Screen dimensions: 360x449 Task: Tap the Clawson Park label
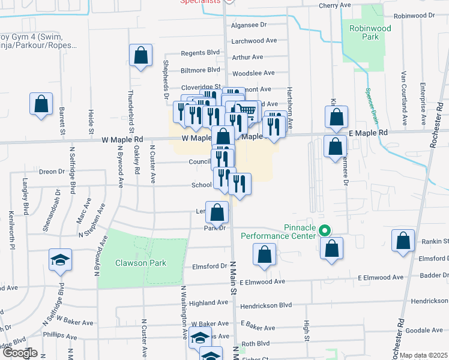click(x=141, y=263)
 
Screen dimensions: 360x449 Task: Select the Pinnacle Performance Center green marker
click(x=325, y=230)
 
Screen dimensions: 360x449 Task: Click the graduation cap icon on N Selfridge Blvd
click(x=59, y=259)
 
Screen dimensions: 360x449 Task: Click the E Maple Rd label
click(x=368, y=133)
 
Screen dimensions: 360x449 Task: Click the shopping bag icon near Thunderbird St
click(x=140, y=56)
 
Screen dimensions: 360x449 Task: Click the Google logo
click(x=19, y=353)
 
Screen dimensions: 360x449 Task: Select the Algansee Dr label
click(x=249, y=25)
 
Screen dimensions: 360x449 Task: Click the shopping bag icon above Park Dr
click(x=217, y=211)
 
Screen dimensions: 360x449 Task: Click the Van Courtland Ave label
click(x=404, y=95)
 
